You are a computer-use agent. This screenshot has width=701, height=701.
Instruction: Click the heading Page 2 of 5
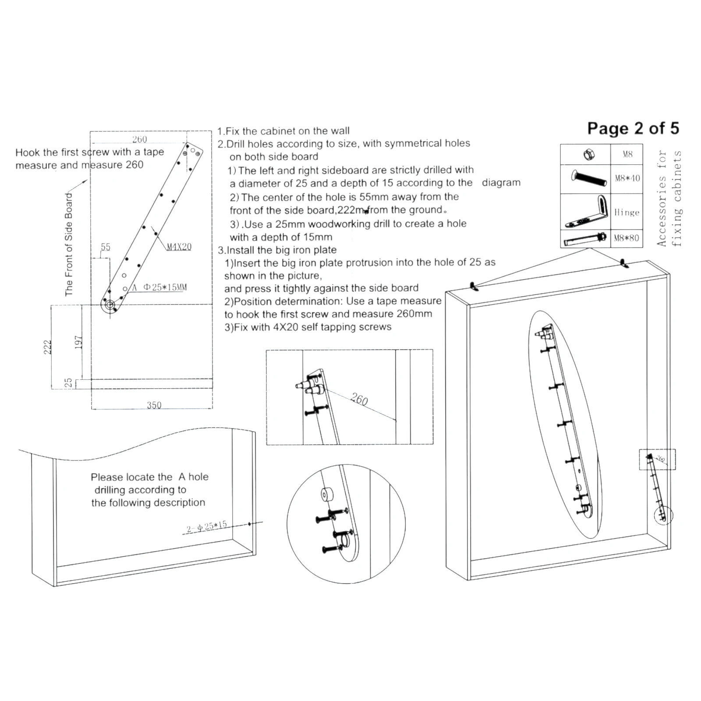pyautogui.click(x=633, y=128)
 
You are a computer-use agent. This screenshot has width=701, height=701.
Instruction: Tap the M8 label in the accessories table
pyautogui.click(x=627, y=154)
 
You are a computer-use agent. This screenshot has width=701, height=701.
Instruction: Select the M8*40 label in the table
pyautogui.click(x=627, y=178)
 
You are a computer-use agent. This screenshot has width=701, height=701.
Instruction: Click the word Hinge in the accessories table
pyautogui.click(x=627, y=212)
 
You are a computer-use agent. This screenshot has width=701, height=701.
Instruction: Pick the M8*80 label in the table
pyautogui.click(x=627, y=238)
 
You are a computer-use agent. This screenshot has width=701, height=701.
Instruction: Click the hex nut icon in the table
pyautogui.click(x=588, y=154)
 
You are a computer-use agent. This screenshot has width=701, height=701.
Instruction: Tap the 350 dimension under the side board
pyautogui.click(x=154, y=405)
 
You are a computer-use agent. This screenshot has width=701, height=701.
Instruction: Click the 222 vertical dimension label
pyautogui.click(x=48, y=347)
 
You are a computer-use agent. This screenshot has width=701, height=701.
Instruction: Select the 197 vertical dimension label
pyautogui.click(x=78, y=343)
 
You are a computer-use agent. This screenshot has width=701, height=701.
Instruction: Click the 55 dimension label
pyautogui.click(x=106, y=247)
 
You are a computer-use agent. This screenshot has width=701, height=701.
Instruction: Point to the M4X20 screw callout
pyautogui.click(x=179, y=247)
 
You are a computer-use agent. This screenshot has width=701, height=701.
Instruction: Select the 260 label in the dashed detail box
pyautogui.click(x=359, y=399)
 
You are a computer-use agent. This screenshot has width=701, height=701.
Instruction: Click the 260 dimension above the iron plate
pyautogui.click(x=140, y=139)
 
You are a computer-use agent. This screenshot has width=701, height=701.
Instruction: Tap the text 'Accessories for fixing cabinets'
pyautogui.click(x=669, y=198)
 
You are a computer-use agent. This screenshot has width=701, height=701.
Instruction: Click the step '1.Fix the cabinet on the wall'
pyautogui.click(x=283, y=131)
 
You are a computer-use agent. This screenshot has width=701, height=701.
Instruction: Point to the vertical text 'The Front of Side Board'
pyautogui.click(x=69, y=244)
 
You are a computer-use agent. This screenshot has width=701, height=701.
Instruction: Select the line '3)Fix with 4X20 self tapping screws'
pyautogui.click(x=308, y=327)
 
